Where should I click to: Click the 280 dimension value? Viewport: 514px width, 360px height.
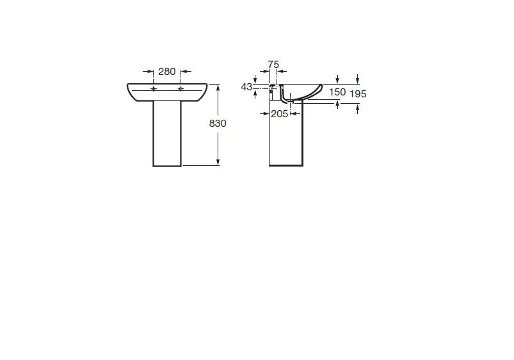[167, 71]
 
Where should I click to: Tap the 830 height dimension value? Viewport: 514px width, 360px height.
[218, 124]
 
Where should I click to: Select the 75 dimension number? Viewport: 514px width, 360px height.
[273, 65]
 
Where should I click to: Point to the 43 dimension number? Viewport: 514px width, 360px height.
[246, 86]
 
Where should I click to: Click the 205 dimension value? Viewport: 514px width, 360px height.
[279, 113]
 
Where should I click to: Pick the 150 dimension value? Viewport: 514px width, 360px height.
[337, 92]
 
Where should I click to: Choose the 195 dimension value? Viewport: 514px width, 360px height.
[358, 94]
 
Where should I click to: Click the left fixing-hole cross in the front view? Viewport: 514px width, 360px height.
[154, 88]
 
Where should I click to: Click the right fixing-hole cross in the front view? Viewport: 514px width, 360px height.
[181, 88]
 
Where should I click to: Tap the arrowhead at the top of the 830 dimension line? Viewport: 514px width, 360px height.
[218, 87]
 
